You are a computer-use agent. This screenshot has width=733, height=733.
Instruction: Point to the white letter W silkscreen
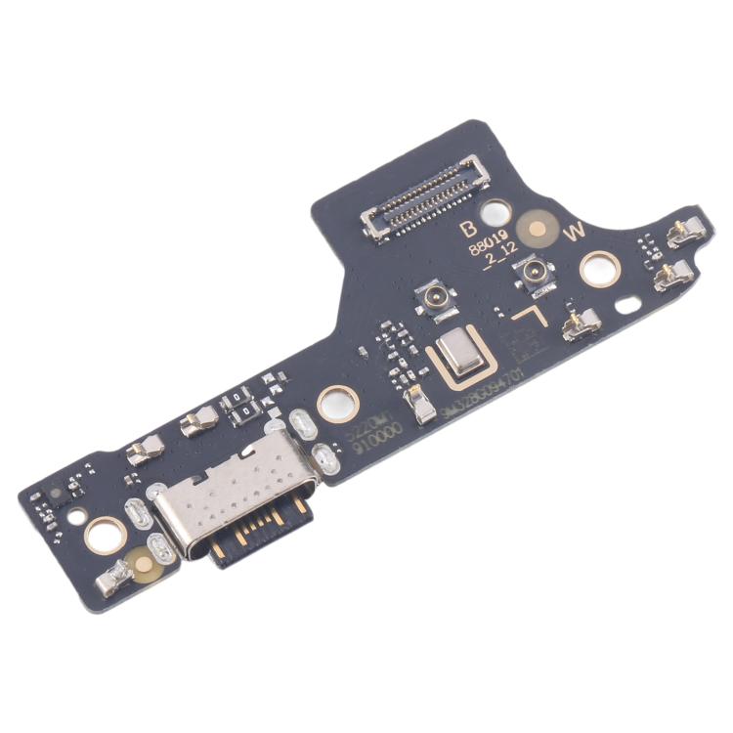pyautogui.click(x=575, y=232)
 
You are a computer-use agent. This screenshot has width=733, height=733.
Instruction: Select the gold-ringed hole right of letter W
pyautogui.click(x=599, y=268)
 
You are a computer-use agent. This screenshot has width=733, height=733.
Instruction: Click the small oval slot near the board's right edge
pyautogui.click(x=626, y=304)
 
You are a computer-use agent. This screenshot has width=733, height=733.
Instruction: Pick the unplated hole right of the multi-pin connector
pyautogui.click(x=496, y=211)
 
